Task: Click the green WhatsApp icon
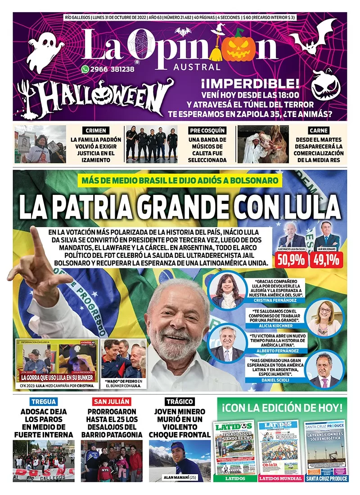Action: pos(85,69)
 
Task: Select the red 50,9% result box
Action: pos(293,260)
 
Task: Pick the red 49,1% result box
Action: pos(326,260)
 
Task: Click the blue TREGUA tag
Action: pos(43,401)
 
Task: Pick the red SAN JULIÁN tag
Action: pos(111,401)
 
